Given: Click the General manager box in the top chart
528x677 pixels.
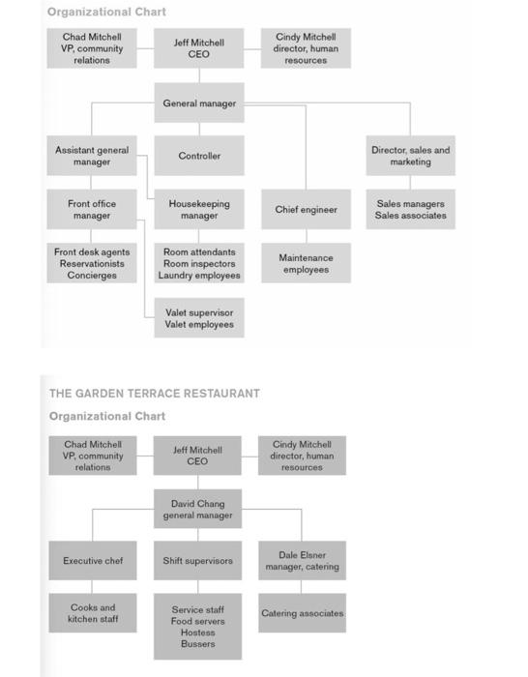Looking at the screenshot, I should pos(199,103).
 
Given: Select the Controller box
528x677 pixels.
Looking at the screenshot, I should pos(199,156).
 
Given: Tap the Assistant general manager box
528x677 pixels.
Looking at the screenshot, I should pos(91,156).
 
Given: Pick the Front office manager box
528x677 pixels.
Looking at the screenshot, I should pos(91,210).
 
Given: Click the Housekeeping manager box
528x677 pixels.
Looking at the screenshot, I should pos(199,210).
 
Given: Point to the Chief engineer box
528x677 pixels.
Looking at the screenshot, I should pos(306,210).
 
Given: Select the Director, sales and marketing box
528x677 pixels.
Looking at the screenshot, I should pos(410,156).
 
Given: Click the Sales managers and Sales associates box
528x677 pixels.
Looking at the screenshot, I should pos(410,210).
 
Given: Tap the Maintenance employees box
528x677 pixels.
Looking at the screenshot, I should pos(306,263).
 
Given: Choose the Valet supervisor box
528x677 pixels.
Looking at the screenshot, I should pos(199,318).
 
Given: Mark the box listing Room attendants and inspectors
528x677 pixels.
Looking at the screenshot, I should pos(199,263).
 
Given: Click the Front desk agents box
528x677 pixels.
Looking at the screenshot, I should pos(91,263).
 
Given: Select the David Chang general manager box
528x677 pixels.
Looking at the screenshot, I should pos(197,510).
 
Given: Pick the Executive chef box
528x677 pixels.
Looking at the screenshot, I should pos(93,561).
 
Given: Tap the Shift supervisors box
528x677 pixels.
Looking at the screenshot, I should pos(197,561).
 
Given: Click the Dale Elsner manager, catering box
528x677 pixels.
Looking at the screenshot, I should pos(302,561).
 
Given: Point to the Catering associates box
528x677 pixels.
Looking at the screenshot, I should pos(302,613).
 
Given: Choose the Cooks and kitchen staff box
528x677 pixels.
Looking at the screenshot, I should pos(93,613).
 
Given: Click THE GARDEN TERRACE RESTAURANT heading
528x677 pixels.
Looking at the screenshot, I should pos(155,394).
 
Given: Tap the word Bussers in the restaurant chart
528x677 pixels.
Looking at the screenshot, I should pos(197,644).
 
